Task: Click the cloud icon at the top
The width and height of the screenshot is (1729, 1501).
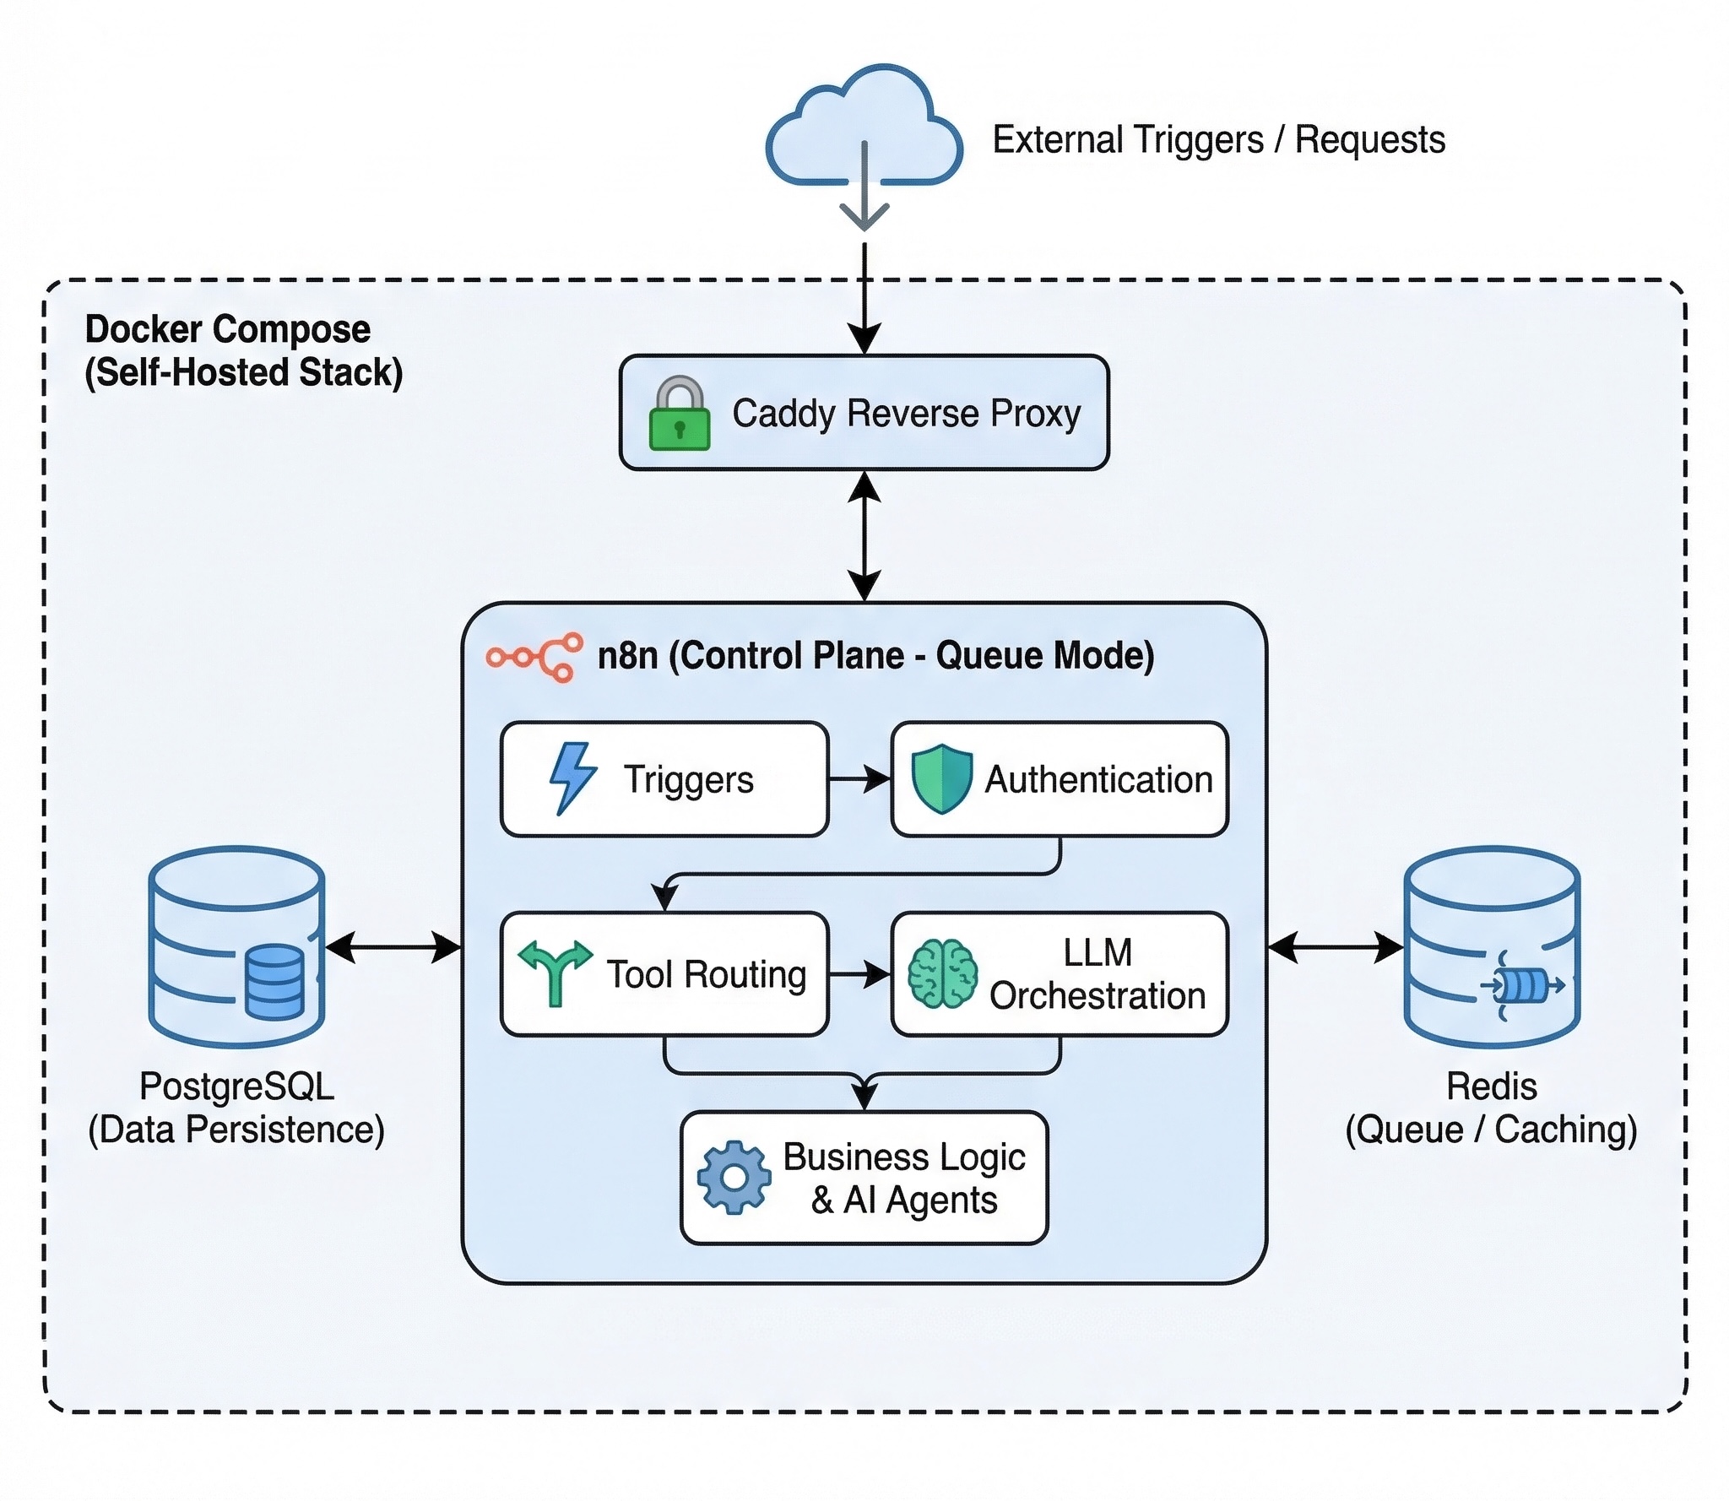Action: click(x=864, y=127)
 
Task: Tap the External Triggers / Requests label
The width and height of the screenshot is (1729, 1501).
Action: click(x=1218, y=140)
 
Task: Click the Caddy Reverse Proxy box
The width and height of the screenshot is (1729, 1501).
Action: click(x=864, y=413)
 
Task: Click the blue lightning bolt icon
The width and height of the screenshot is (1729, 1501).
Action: click(x=572, y=778)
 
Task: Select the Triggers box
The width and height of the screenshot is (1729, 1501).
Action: click(x=664, y=779)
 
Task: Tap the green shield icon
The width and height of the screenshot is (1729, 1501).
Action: click(x=941, y=778)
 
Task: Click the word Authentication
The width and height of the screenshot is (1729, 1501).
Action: click(x=1098, y=779)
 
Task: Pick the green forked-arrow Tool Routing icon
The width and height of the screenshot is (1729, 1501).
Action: click(x=555, y=973)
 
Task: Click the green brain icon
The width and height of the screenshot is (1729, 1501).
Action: click(x=942, y=973)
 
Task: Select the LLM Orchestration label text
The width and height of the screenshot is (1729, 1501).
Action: click(x=1097, y=974)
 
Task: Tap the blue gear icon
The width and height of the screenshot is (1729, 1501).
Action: click(x=734, y=1177)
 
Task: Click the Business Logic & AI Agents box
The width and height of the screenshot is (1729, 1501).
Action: click(x=864, y=1178)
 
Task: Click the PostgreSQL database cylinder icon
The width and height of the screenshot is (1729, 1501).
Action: click(x=236, y=946)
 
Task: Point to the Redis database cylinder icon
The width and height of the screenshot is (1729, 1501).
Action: click(x=1492, y=946)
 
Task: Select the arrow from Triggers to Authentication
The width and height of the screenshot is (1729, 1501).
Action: click(x=859, y=779)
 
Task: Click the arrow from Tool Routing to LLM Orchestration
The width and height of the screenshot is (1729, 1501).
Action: click(x=859, y=974)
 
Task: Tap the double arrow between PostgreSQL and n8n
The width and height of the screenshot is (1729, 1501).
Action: click(x=393, y=947)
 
